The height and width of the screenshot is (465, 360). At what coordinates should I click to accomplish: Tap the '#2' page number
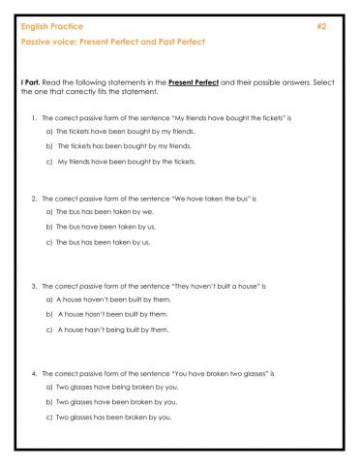pyautogui.click(x=321, y=25)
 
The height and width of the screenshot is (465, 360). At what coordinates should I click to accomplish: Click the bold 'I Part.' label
pyautogui.click(x=33, y=82)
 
